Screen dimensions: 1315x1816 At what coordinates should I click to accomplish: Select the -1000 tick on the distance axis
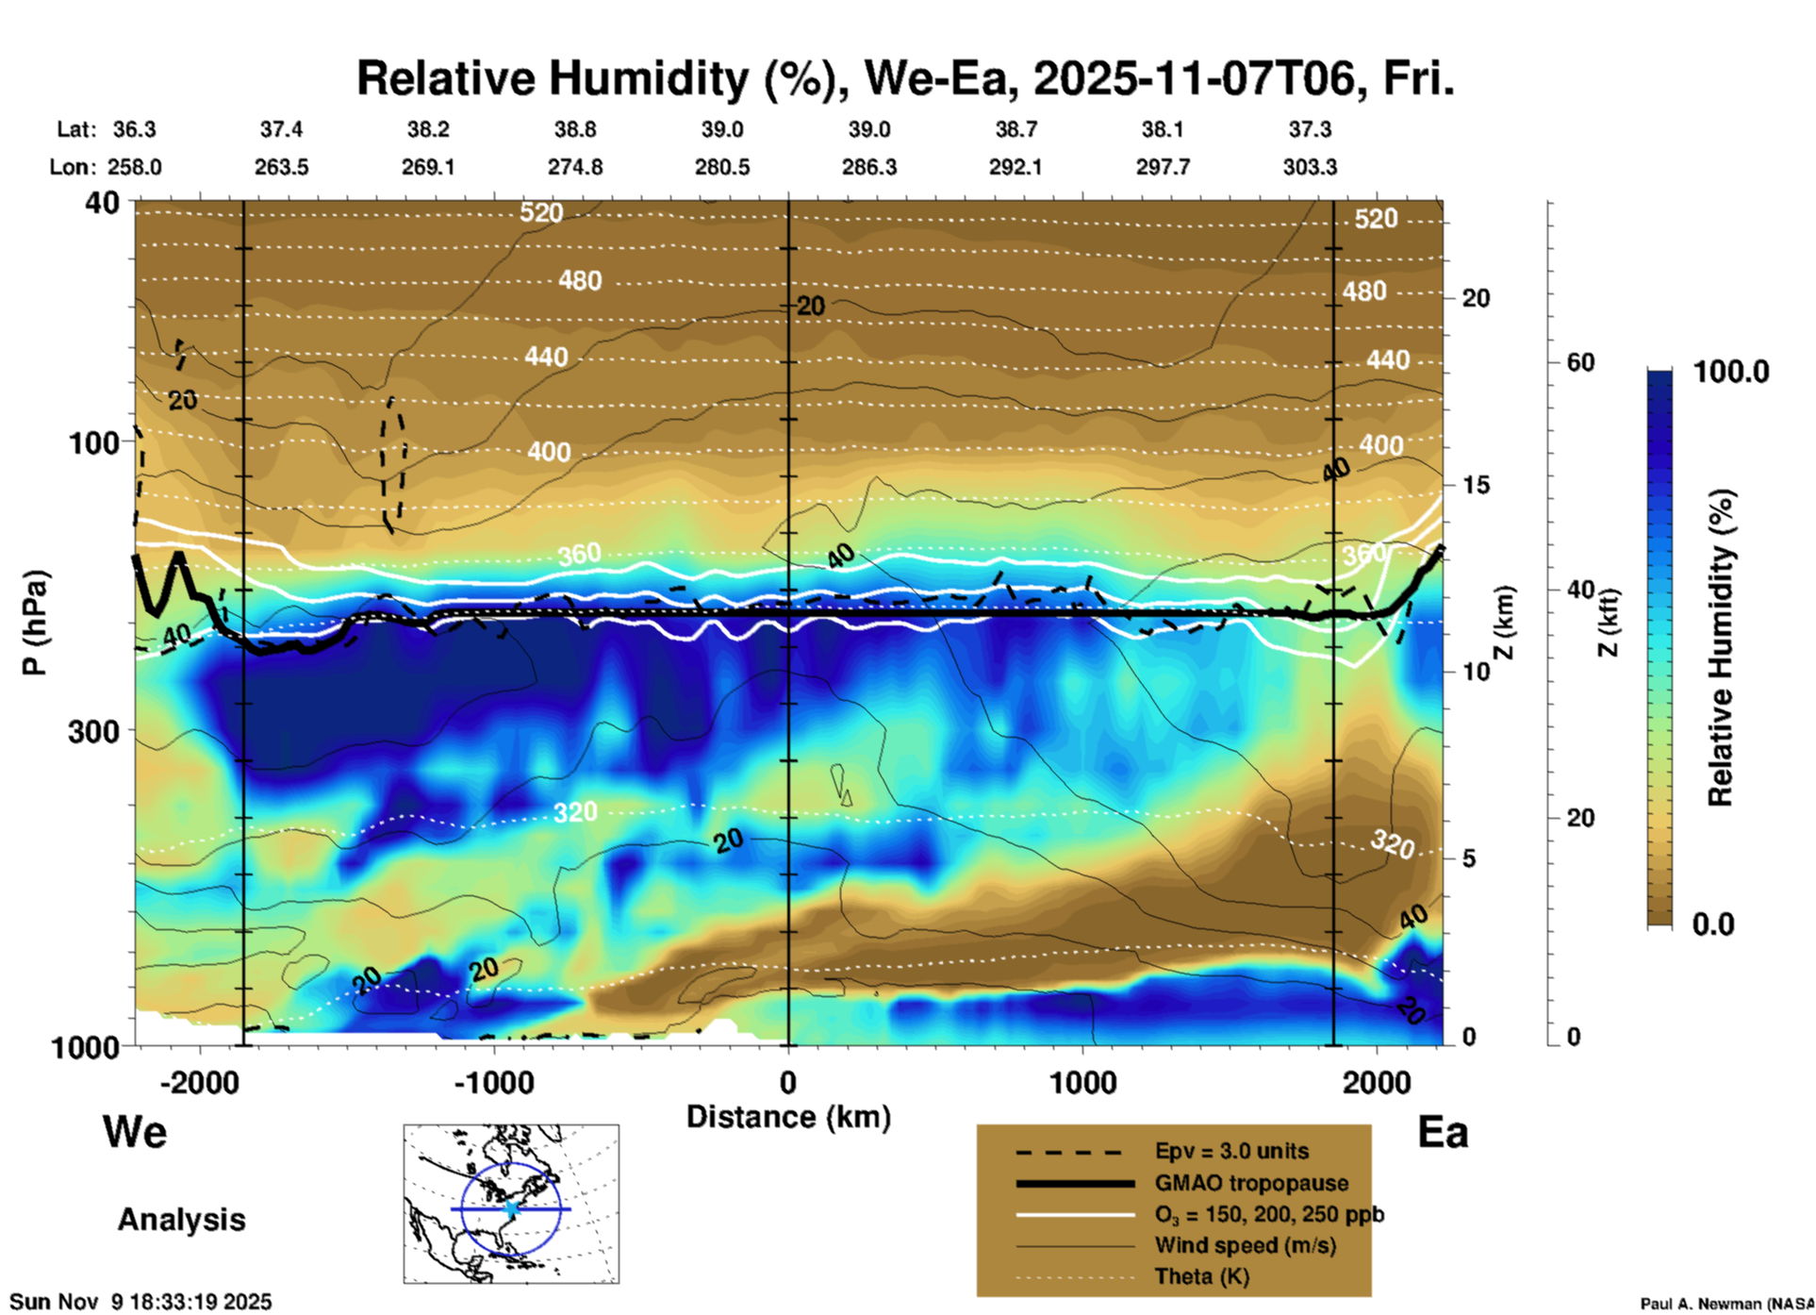(494, 1082)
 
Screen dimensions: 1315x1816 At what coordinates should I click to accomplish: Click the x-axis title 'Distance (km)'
(788, 1117)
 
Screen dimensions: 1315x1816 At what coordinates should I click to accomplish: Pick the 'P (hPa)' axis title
(34, 622)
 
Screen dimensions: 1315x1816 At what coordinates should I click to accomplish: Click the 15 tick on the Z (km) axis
(1476, 485)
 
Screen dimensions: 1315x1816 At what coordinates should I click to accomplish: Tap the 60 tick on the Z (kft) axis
(1579, 362)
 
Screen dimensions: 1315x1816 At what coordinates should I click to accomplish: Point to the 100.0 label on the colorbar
(1731, 372)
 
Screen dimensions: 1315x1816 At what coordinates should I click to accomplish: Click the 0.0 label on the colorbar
(1713, 924)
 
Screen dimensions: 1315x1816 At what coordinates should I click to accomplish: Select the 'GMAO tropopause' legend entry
(1251, 1183)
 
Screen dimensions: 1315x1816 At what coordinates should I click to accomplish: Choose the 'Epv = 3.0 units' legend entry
(1231, 1152)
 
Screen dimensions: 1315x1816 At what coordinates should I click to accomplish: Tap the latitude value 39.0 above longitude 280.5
(722, 129)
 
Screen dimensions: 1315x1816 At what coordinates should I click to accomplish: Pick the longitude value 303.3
(1310, 167)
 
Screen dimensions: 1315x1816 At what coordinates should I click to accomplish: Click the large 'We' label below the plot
(135, 1132)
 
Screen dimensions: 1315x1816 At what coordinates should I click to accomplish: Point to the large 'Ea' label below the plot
(1443, 1132)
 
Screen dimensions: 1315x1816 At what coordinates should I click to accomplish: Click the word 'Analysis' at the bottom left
(181, 1220)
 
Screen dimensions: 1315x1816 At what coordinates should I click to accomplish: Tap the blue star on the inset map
(511, 1208)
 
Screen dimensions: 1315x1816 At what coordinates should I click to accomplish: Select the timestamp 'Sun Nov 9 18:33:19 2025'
(141, 1302)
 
